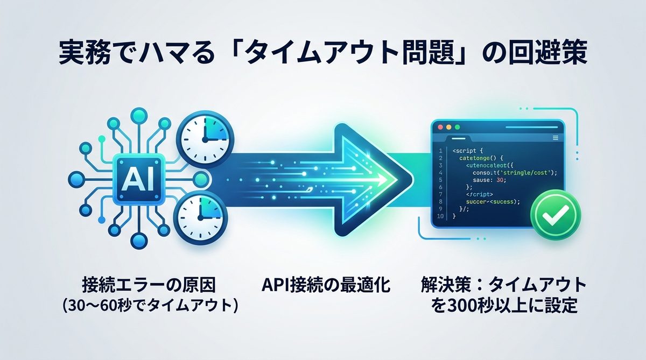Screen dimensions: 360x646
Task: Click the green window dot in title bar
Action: pos(458,127)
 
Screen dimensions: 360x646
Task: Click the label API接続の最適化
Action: pos(325,285)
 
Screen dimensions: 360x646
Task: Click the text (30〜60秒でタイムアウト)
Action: pos(150,306)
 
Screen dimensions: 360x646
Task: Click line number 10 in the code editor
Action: pos(439,216)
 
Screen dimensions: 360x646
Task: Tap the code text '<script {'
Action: pos(469,151)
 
